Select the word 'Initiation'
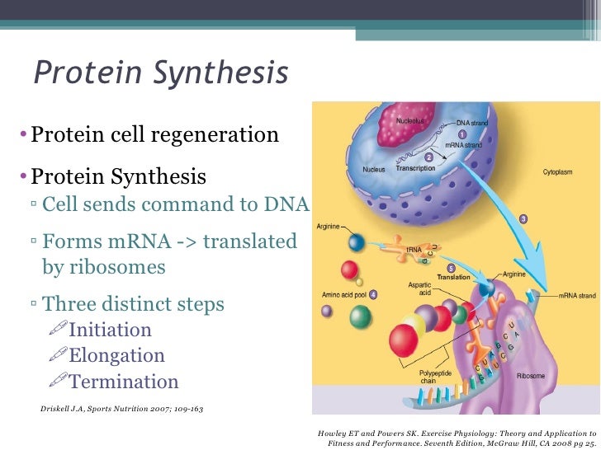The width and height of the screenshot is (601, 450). click(x=111, y=330)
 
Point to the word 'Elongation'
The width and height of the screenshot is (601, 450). click(x=117, y=356)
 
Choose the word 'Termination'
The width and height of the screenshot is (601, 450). click(x=124, y=382)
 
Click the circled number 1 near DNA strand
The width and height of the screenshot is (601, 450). click(x=462, y=134)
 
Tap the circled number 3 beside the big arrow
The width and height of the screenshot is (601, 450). click(x=523, y=218)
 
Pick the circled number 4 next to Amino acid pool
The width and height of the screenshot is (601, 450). click(x=374, y=294)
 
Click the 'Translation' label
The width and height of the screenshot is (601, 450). click(x=453, y=278)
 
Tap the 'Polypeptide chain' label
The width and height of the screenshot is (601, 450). click(x=434, y=377)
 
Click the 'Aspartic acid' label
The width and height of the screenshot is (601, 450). click(x=419, y=288)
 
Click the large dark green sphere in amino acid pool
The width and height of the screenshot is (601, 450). click(x=361, y=316)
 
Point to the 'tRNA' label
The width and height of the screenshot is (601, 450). click(x=414, y=248)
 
